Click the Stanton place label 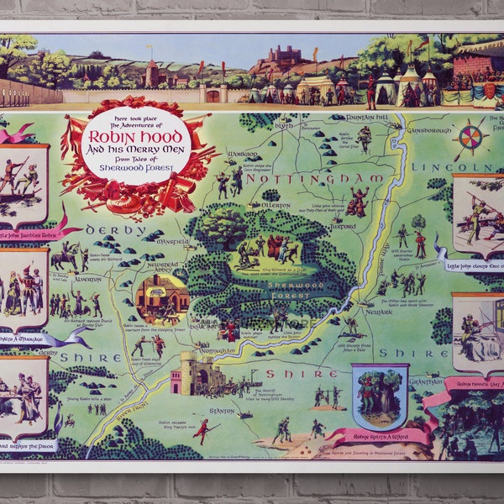[223, 411]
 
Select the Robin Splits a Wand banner [380, 436]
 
